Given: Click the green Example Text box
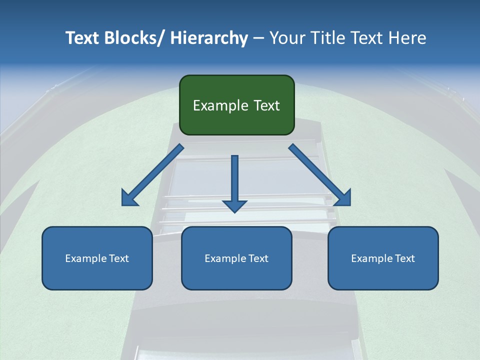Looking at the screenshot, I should pos(236,105).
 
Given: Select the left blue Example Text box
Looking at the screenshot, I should pos(97,258).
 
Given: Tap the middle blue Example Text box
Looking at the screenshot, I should pos(236,258).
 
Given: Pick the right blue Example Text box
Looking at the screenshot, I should pos(383,258).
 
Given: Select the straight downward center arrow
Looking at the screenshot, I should pos(234,182).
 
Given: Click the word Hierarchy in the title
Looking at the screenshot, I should pos(209,38).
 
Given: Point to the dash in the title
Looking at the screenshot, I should pos(258,38).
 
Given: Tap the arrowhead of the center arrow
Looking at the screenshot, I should pos(234,206).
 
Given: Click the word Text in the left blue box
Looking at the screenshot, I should pos(119,258).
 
